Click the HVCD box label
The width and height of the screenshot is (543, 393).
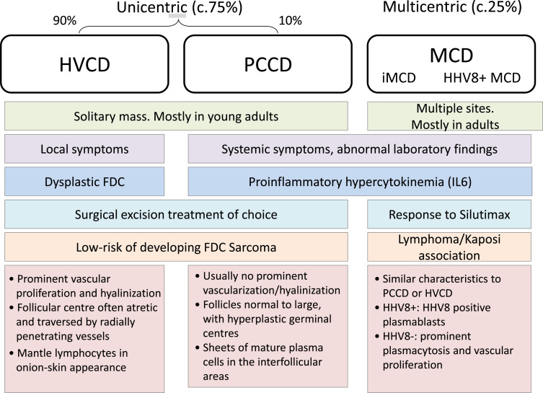coord(85,64)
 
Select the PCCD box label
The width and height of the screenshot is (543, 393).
coord(268,64)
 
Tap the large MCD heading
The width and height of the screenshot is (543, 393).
coord(451,55)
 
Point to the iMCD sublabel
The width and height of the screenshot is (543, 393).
coord(399,78)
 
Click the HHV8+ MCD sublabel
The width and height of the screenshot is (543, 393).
coord(482,78)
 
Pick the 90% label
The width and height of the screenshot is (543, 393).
coord(64,20)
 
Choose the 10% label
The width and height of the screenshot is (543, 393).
coord(290,20)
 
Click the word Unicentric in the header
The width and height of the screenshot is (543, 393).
coord(152,7)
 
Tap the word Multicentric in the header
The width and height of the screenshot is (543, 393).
coord(425,7)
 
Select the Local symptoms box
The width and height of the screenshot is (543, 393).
coord(84,149)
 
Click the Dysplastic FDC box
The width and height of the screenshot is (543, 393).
coord(84,182)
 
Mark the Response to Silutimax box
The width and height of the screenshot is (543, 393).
coord(449,214)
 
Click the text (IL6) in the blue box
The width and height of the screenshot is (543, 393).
coord(459,182)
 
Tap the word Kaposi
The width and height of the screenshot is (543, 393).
coord(483,239)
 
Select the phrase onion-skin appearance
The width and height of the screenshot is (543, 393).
coord(71,367)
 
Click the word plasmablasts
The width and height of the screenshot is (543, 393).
coord(414,322)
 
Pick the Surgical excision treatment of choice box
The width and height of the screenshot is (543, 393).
coord(176,214)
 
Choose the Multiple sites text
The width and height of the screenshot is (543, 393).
coord(455,108)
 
